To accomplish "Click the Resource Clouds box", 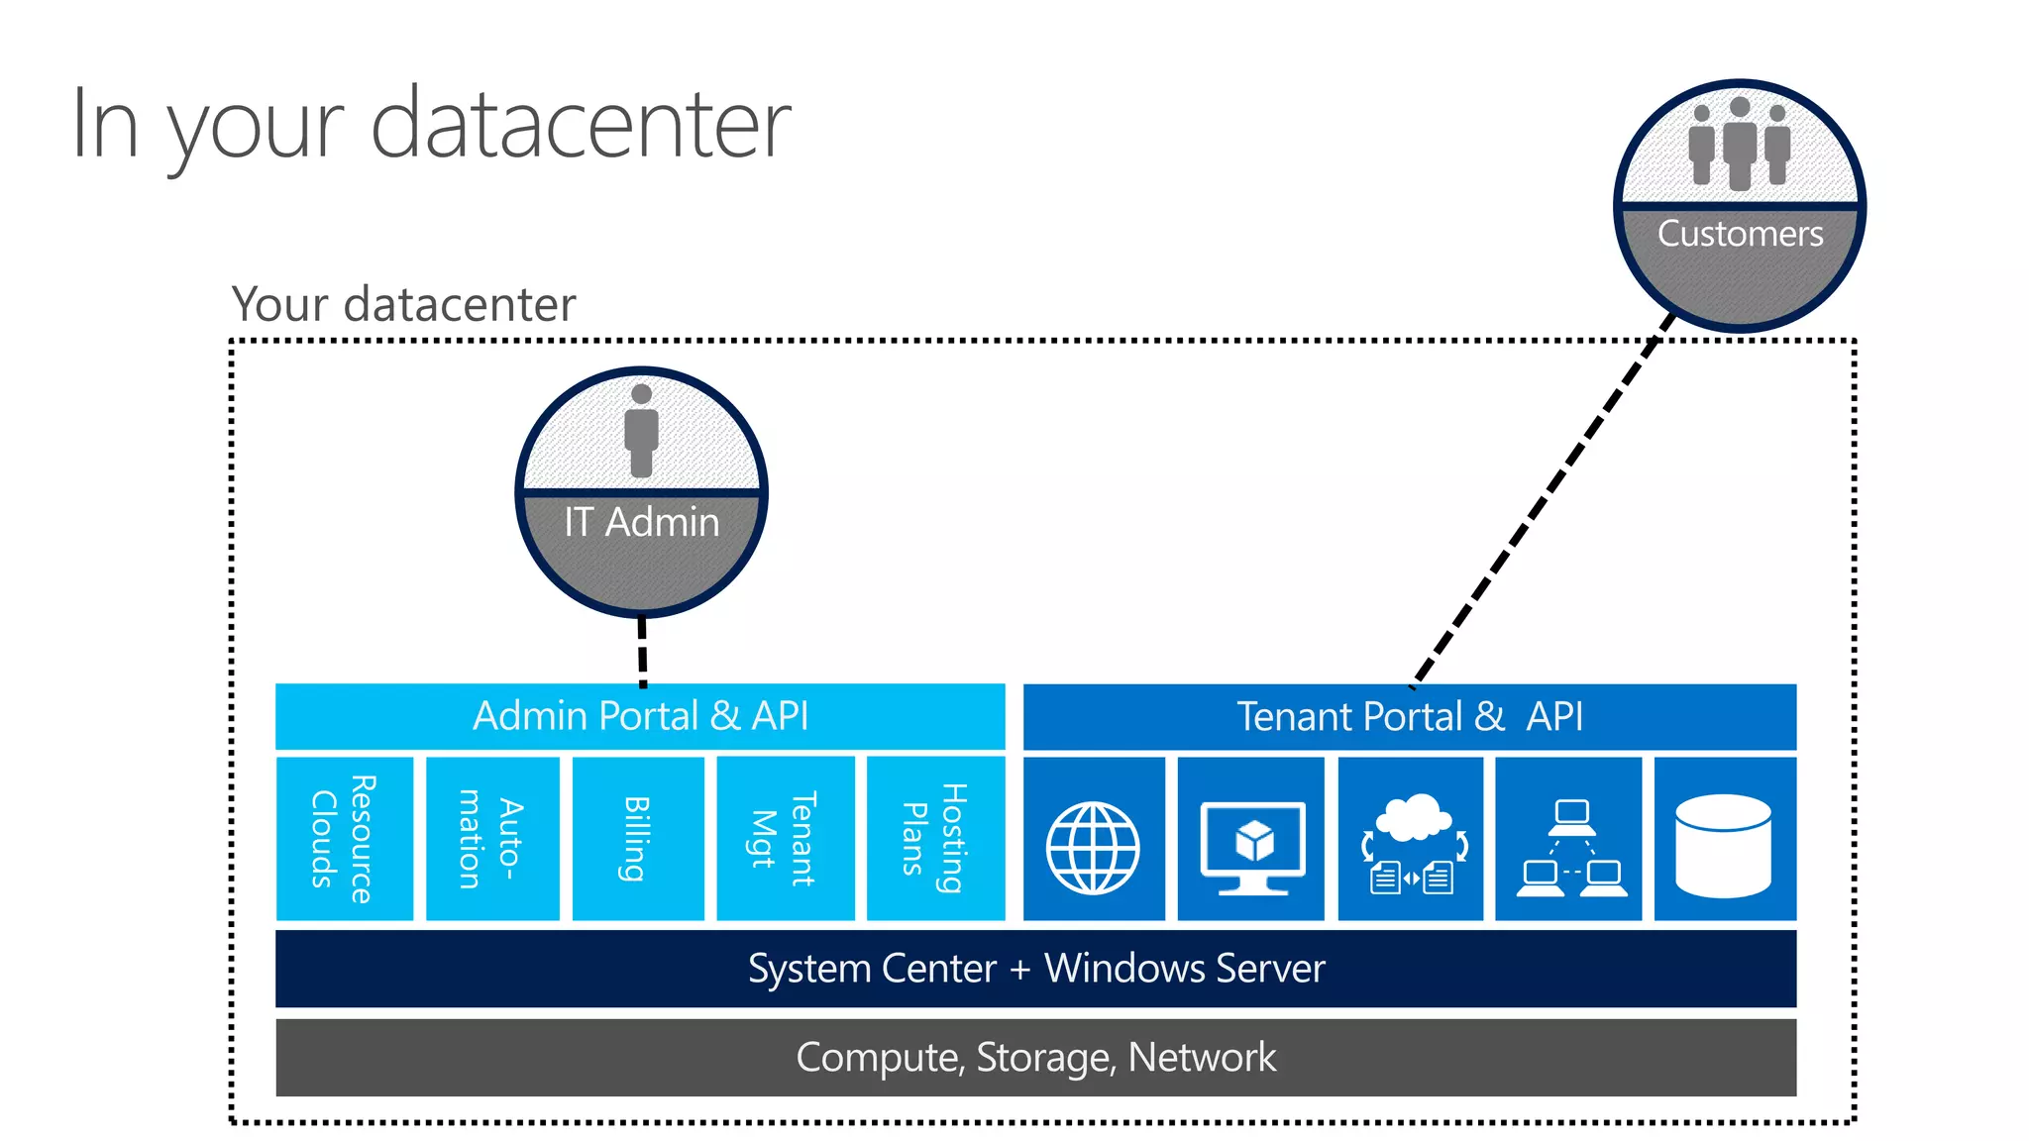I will coord(344,838).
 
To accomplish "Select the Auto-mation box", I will coord(491,838).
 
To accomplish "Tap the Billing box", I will coord(638,838).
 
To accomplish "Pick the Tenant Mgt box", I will coord(785,838).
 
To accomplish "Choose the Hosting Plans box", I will coord(934,838).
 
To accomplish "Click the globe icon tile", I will coord(1093,847).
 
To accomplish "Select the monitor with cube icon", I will coord(1252,847).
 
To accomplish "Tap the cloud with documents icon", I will coord(1412,847).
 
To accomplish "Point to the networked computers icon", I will coord(1570,847).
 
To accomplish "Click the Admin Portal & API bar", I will coord(640,716).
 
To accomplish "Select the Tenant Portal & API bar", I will coord(1409,716).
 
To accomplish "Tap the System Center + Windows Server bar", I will coord(1035,968).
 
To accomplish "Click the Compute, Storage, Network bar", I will coord(1035,1057).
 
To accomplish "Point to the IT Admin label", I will coord(641,522).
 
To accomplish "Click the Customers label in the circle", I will coord(1740,234).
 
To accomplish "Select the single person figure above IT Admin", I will coord(641,430).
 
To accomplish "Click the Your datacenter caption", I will coord(403,304).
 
